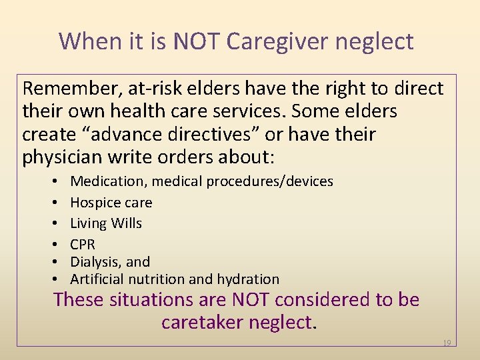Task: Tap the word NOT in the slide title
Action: point(197,41)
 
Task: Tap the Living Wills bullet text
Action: point(106,223)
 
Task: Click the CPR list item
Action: point(83,245)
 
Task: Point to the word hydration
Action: point(250,279)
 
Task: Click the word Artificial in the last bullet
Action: point(97,279)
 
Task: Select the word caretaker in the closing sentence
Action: point(202,323)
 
